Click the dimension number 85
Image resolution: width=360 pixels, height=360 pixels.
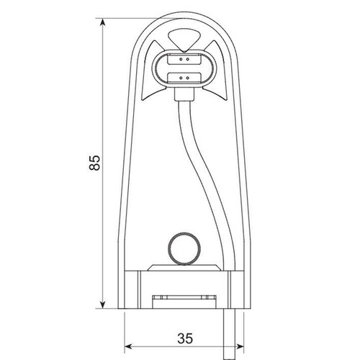click(x=94, y=163)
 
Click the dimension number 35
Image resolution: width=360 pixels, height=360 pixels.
click(x=185, y=338)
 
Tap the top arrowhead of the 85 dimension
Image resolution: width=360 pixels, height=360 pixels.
click(x=103, y=23)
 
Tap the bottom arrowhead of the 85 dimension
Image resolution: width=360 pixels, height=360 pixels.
click(x=103, y=304)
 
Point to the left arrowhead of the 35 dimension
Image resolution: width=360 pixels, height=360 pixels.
click(x=129, y=346)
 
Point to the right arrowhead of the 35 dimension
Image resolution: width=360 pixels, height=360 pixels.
click(x=240, y=346)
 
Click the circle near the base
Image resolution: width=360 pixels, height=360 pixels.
click(x=184, y=249)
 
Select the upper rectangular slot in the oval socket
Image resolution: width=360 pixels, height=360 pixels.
click(x=184, y=59)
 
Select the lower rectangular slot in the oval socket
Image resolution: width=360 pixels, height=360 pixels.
click(x=184, y=78)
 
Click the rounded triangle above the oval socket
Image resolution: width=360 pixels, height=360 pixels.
click(x=184, y=40)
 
